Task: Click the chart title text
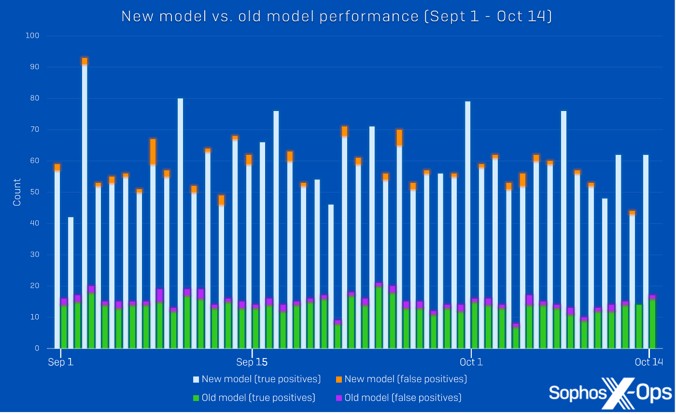pos(337,16)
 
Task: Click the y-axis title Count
pos(17,192)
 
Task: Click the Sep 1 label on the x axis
pos(61,362)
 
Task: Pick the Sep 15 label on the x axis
pos(252,362)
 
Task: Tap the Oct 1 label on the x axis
pos(471,362)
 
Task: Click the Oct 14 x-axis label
pos(649,362)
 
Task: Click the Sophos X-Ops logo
pos(610,392)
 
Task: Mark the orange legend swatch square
pos(338,380)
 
